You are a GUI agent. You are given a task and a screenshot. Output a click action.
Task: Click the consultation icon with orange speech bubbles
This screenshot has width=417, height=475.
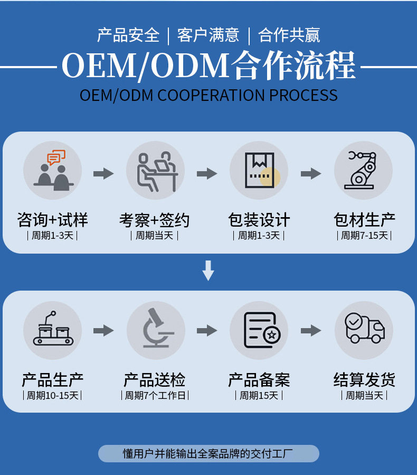point(52,170)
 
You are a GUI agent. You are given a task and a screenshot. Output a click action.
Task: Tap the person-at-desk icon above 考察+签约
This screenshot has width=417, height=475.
point(156,170)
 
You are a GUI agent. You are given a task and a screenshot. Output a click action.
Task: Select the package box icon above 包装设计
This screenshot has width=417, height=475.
point(259,170)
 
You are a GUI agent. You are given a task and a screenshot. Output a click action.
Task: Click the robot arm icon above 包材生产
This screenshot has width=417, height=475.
point(363,170)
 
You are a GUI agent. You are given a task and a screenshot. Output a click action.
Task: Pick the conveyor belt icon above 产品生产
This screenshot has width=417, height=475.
point(52,330)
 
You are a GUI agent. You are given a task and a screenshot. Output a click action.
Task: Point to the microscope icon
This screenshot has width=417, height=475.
point(156,330)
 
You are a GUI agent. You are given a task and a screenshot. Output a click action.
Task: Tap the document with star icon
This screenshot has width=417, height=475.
point(259,330)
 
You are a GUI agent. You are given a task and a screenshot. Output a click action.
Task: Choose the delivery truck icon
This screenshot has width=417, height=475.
point(363,330)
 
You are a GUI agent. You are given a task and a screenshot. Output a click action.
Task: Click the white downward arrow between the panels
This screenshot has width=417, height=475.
point(208,270)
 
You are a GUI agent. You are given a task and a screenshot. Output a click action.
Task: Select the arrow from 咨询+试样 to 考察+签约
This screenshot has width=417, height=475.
point(103,173)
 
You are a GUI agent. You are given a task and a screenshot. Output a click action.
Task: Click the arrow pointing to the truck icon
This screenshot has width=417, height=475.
point(311,331)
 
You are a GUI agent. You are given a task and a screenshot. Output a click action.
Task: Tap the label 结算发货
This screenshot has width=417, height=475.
point(364,379)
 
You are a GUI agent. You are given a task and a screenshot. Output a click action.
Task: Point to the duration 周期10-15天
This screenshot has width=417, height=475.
point(52,395)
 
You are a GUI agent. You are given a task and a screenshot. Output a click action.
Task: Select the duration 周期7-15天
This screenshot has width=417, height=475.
point(364,235)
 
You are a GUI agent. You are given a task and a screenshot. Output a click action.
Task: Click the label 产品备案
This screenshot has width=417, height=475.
point(259,379)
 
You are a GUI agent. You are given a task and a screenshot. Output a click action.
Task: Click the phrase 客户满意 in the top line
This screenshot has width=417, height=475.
point(209,35)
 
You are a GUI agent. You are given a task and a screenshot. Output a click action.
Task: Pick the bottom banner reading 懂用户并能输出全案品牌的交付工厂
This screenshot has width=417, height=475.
point(209,453)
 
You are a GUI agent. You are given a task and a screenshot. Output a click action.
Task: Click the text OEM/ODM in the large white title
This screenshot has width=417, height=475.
point(145,67)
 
